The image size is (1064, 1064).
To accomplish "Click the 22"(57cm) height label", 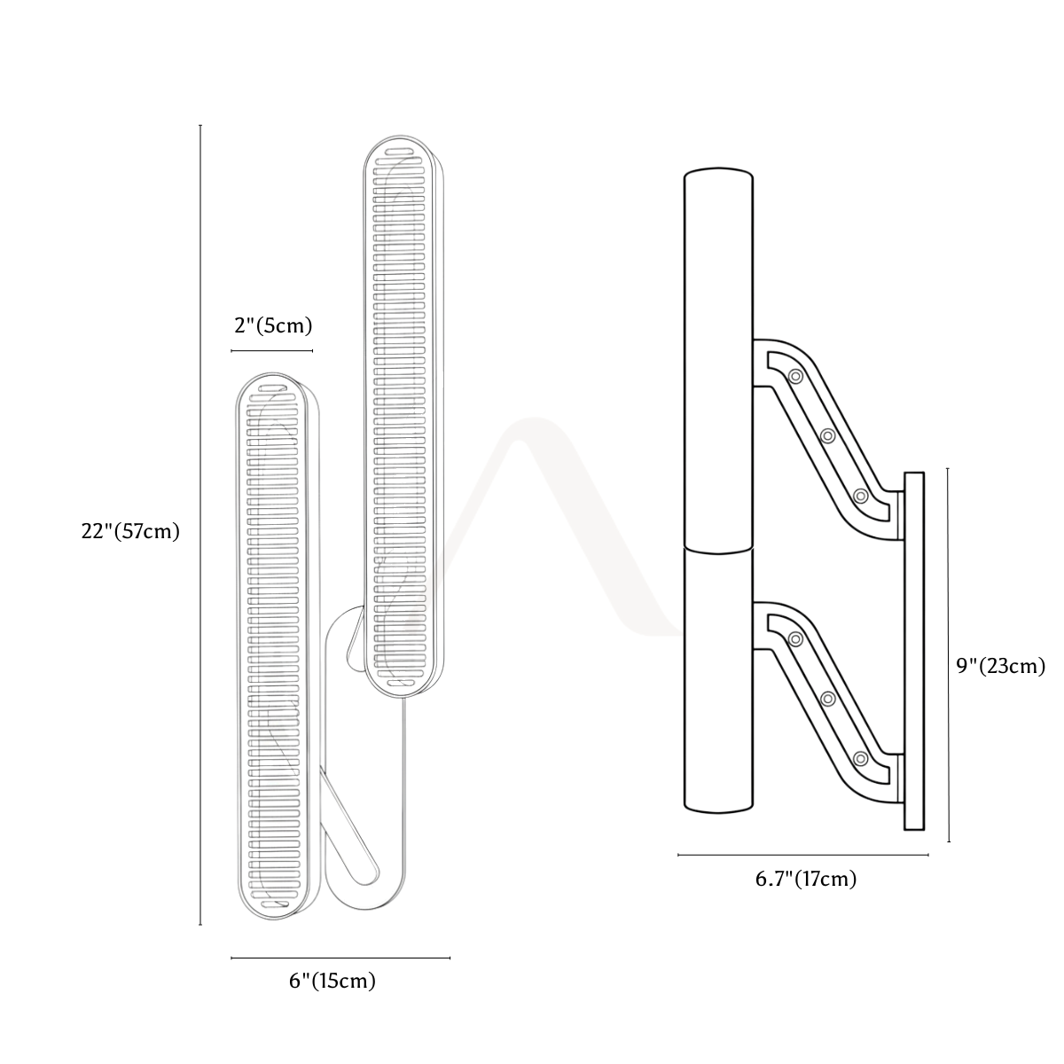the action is point(130,531).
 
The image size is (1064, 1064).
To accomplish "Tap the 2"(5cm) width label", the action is point(273,325).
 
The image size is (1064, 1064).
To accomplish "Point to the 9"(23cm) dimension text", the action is point(1001,666).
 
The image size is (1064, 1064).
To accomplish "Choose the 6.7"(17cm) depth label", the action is point(806,879).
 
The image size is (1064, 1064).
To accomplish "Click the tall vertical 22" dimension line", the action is point(200,525).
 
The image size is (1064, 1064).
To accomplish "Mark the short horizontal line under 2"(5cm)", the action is point(272,350).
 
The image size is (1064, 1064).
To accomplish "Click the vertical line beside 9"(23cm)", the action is point(949,655).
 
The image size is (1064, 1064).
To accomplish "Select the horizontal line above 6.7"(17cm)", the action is point(803,855).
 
